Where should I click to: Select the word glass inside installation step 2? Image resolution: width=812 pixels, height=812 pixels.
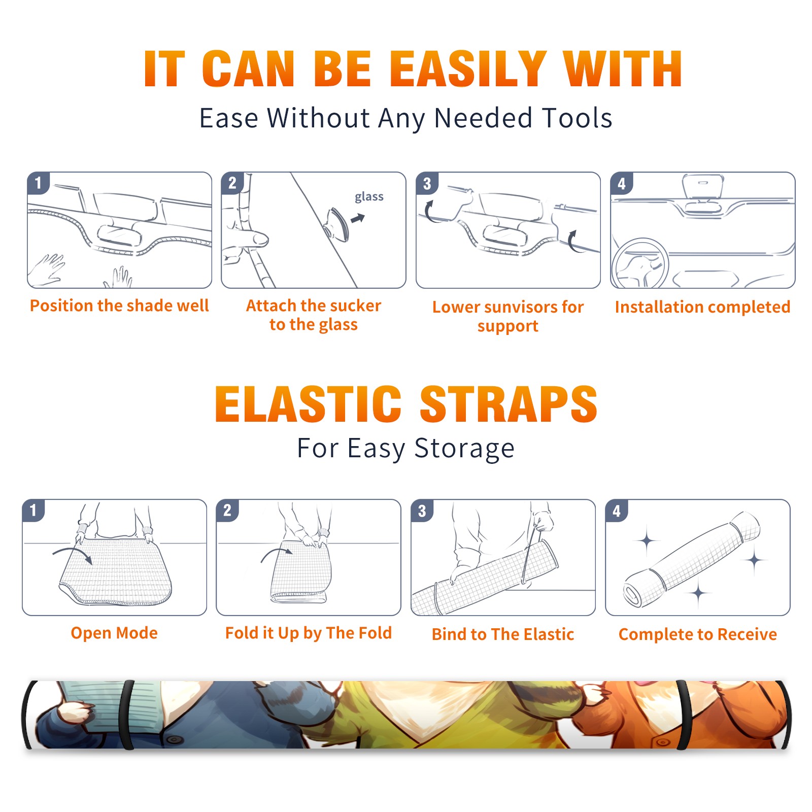coord(369,197)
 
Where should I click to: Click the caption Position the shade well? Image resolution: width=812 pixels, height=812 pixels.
coord(119,306)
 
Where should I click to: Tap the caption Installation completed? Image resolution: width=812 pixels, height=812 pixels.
coord(702,307)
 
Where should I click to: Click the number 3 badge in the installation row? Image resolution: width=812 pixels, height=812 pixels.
coord(427,183)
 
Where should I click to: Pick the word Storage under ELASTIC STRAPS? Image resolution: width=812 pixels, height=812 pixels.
coord(464,449)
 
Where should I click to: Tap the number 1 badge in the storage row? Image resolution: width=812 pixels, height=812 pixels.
coord(33,510)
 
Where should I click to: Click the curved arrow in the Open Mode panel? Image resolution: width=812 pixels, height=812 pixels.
coord(73,553)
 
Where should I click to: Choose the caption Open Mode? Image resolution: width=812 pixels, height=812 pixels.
coord(114,633)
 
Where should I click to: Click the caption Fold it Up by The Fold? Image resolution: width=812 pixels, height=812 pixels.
coord(309,633)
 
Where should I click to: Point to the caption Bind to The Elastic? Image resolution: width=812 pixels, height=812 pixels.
coord(503,634)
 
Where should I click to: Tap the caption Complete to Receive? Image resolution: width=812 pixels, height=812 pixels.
coord(698,634)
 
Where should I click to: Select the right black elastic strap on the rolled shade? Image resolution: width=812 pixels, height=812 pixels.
coord(684,715)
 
